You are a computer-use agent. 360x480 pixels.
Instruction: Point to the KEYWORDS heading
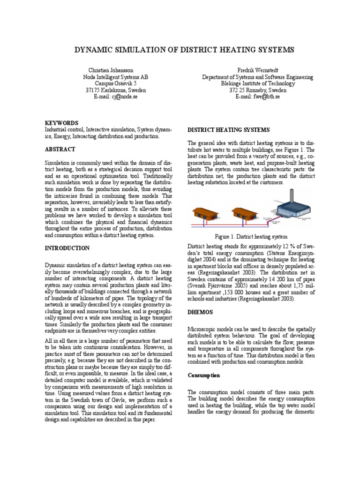61,123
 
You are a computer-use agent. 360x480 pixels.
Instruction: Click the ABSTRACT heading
60,149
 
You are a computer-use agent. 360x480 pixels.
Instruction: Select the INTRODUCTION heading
67,247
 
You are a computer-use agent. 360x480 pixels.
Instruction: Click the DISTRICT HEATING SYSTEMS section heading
228,129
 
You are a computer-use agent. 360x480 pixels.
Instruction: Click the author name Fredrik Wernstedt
257,70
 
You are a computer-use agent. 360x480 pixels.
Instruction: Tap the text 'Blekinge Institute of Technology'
257,83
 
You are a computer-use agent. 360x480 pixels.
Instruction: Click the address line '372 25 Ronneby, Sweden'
257,90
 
